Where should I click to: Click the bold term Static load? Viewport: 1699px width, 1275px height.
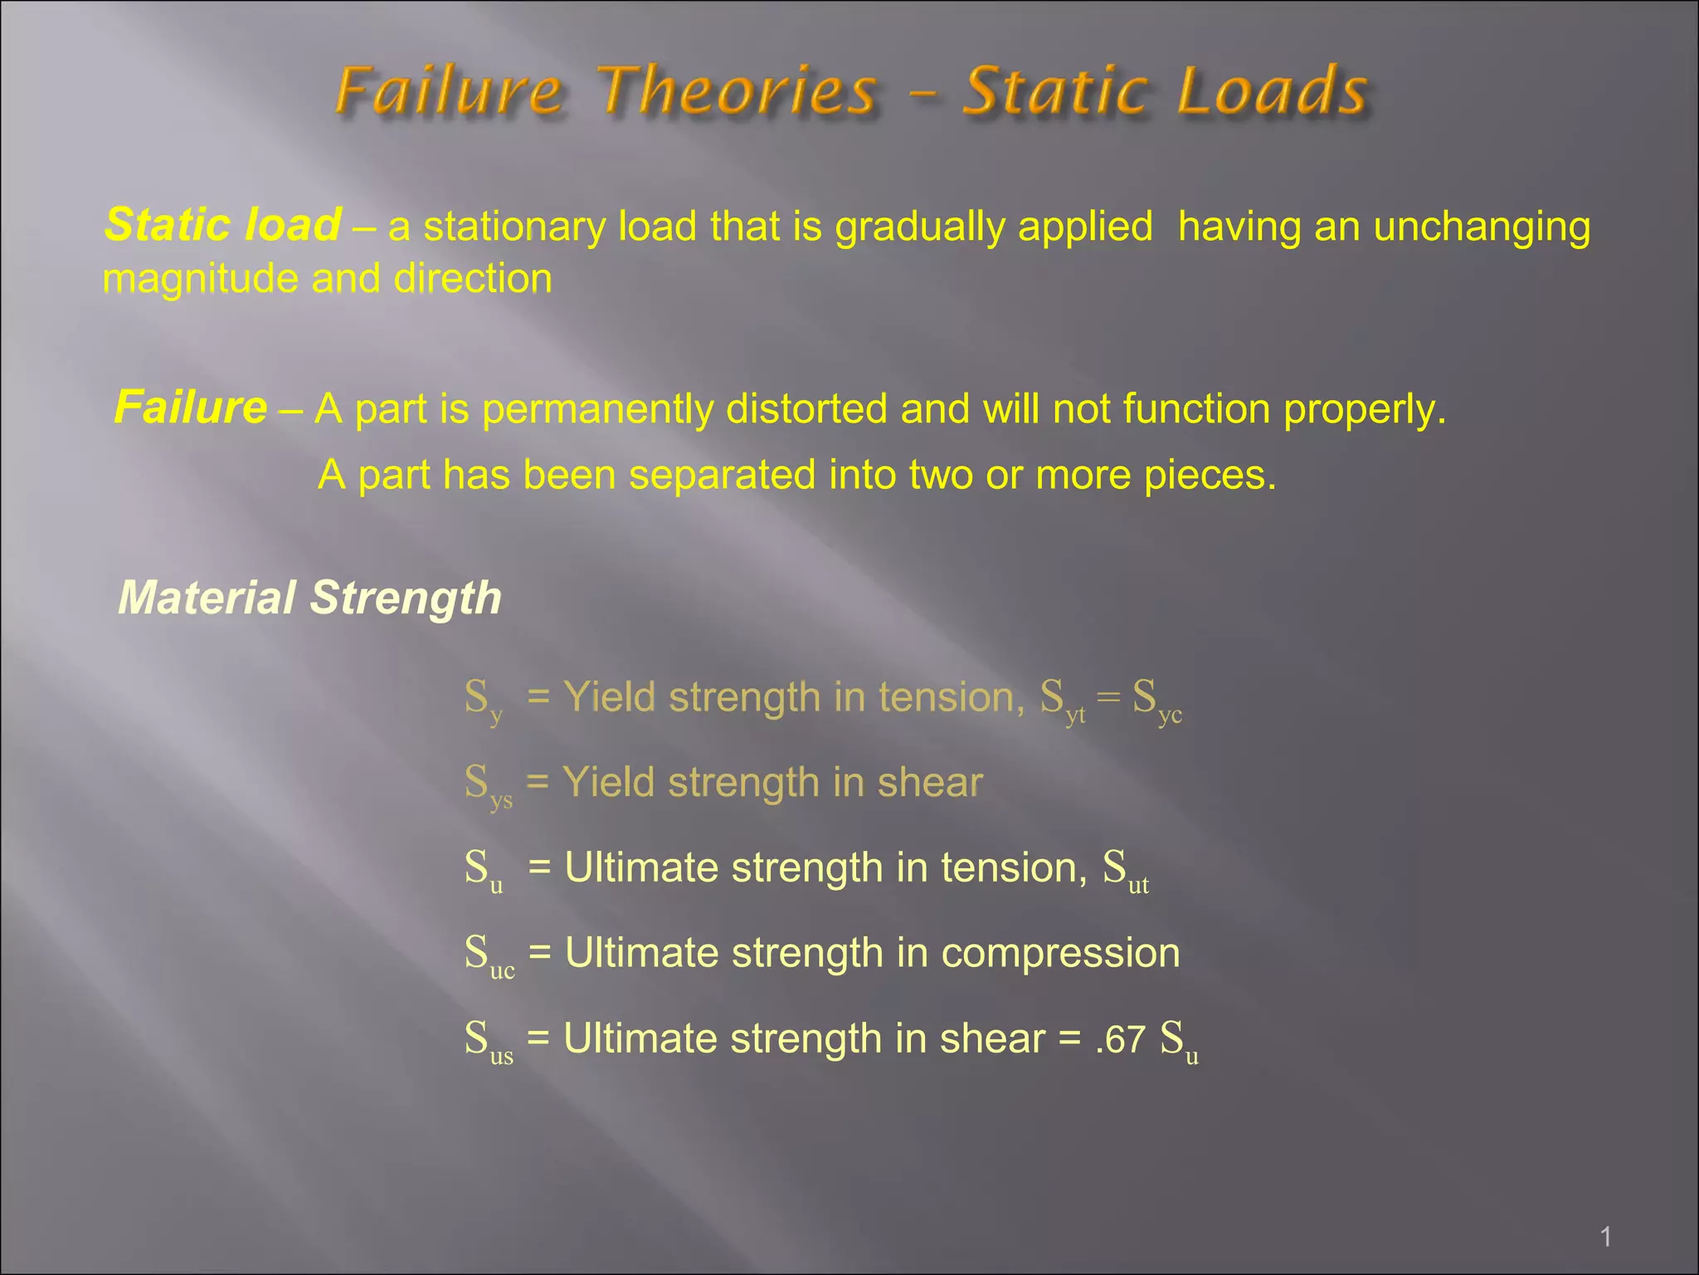click(222, 225)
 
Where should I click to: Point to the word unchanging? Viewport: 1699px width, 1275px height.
click(1482, 227)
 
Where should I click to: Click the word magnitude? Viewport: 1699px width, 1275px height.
click(200, 279)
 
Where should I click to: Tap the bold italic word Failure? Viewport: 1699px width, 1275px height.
click(191, 408)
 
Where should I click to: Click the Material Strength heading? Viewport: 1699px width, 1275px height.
click(309, 598)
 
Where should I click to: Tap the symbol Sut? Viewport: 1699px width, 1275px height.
click(1125, 871)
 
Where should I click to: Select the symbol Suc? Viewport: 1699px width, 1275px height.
click(489, 955)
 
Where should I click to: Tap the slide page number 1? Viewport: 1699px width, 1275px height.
click(1605, 1238)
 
